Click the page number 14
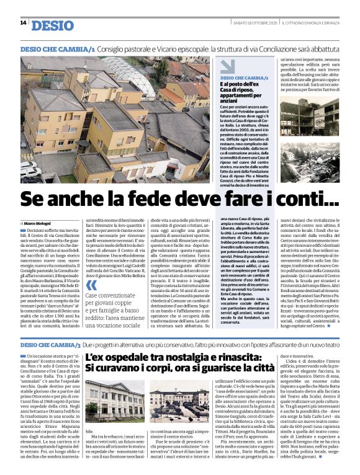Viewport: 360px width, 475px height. click(23, 23)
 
